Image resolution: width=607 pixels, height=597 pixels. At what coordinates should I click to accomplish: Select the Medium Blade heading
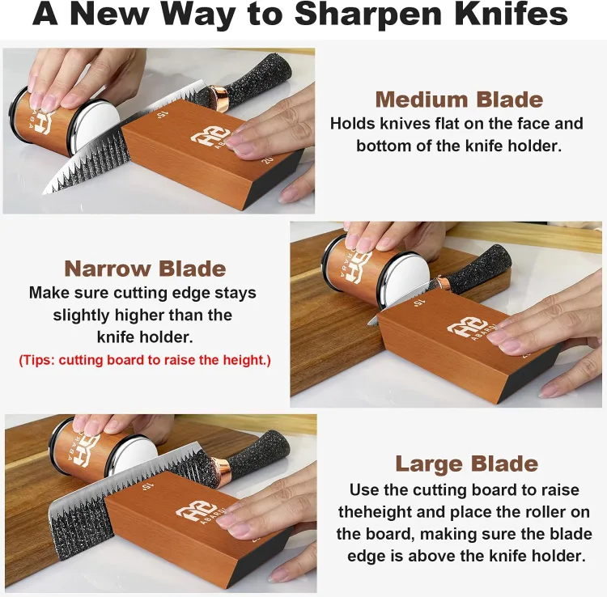(x=458, y=100)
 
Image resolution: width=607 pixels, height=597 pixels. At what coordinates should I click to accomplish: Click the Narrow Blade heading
(x=145, y=269)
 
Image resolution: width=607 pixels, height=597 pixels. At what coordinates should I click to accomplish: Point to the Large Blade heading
(x=466, y=464)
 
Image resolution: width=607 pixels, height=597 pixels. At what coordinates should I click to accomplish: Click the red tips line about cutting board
(x=145, y=359)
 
